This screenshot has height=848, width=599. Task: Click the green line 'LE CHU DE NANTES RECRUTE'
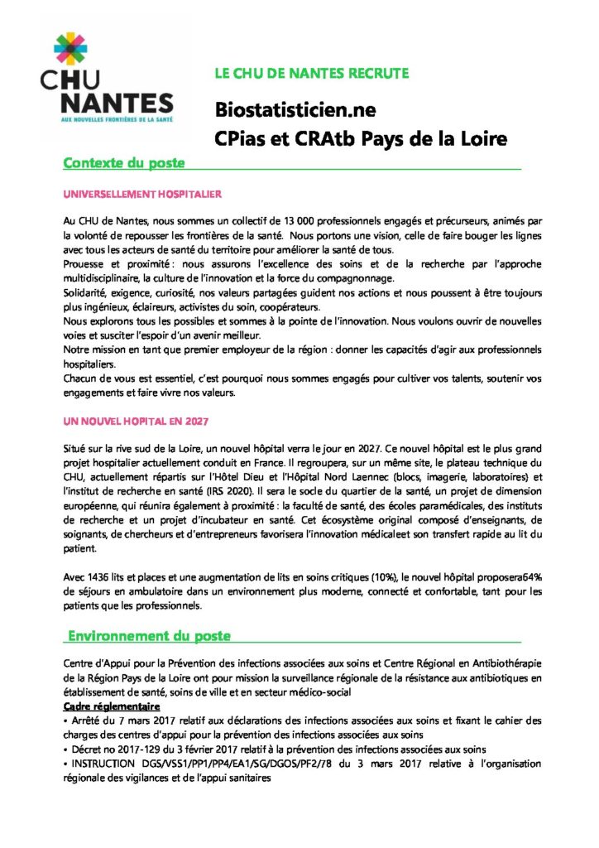click(x=311, y=74)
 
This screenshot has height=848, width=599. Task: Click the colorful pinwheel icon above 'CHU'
click(x=69, y=50)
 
